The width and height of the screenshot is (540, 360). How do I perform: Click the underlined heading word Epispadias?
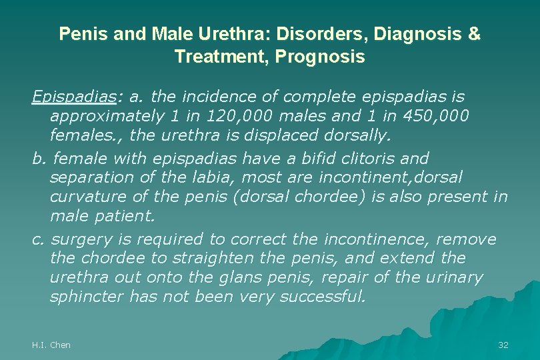pos(73,97)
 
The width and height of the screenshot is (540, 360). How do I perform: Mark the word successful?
pos(323,297)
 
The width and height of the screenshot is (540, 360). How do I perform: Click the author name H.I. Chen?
pos(51,345)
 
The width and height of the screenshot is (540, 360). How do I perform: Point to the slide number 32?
pos(503,345)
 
